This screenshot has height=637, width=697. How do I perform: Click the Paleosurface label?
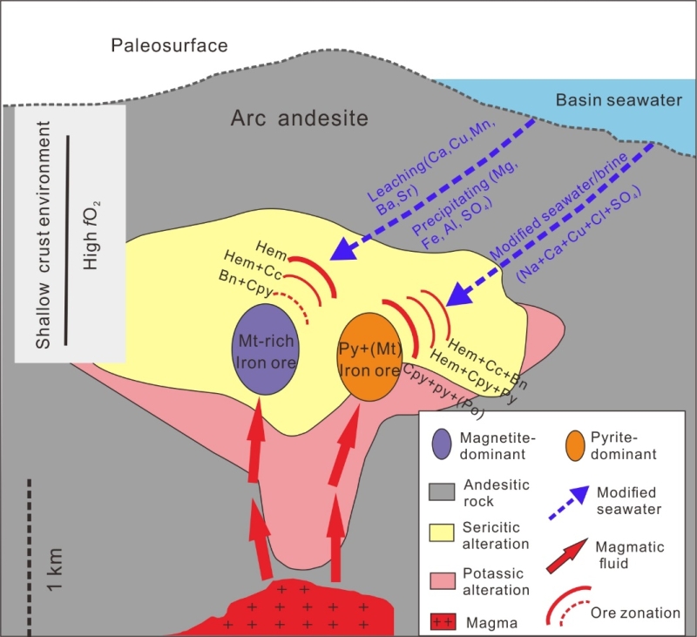169,44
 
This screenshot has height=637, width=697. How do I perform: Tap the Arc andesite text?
300,118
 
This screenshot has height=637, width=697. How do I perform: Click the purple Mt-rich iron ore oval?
266,350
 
